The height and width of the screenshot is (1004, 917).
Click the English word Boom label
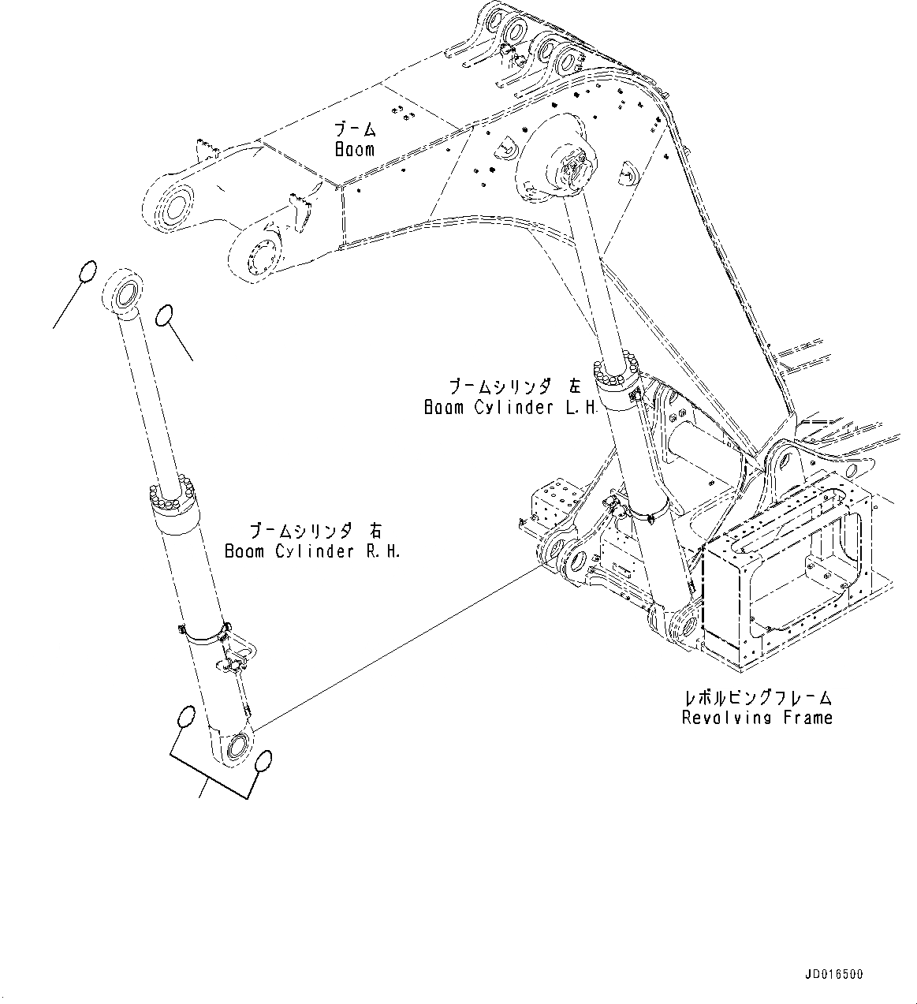[x=355, y=149]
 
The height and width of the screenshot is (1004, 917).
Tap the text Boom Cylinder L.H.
[x=512, y=408]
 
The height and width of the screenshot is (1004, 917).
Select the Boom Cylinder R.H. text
[x=312, y=551]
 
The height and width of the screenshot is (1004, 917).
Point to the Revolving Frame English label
[x=757, y=718]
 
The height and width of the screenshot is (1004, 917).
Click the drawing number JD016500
[x=834, y=975]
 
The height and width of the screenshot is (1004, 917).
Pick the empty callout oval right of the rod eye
[x=164, y=315]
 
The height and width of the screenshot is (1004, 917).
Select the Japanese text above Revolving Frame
[x=758, y=697]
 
